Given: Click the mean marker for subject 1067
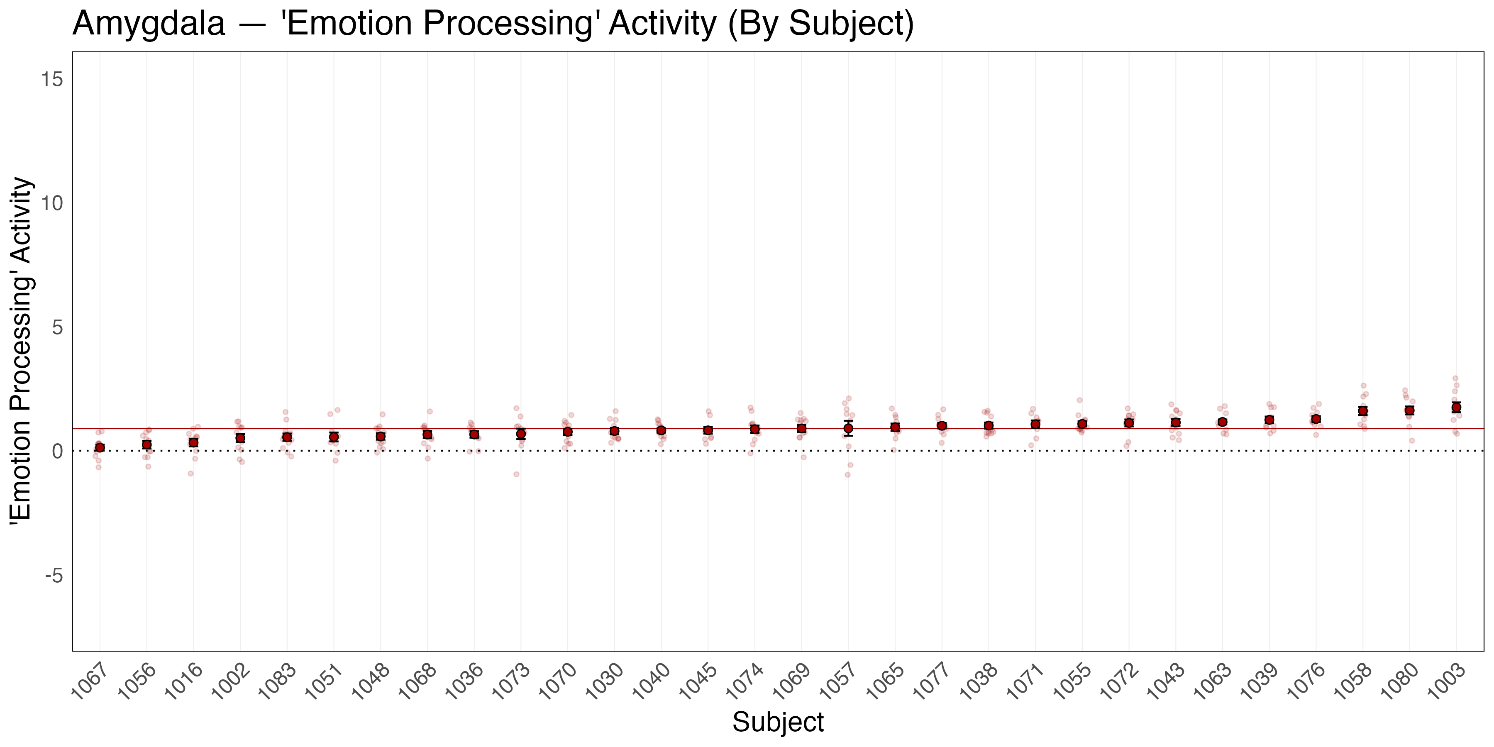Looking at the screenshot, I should coord(100,447).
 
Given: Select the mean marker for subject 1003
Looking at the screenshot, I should coord(1456,407).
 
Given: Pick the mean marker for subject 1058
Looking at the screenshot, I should coord(1363,410).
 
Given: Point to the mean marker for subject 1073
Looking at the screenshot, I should coord(521,434).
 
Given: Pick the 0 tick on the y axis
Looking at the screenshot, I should coord(57,451).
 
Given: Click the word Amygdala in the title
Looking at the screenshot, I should coord(149,24).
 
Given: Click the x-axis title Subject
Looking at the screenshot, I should coord(778,722).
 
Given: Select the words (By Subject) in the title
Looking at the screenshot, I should coord(820,24).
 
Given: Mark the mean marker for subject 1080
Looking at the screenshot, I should coord(1409,410).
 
